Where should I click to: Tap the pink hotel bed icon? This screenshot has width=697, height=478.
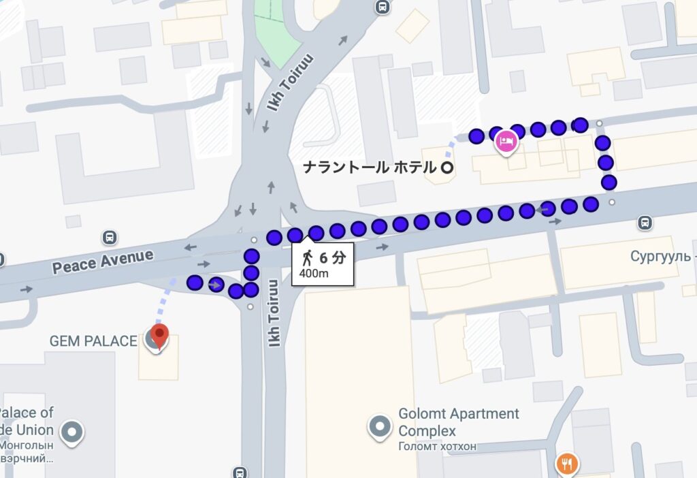click(506, 142)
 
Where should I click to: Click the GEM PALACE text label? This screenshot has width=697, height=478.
click(93, 340)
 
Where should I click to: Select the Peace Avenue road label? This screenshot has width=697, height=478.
click(103, 261)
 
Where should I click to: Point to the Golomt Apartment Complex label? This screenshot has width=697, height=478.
click(458, 422)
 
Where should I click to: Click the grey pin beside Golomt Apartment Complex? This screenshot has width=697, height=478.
click(379, 426)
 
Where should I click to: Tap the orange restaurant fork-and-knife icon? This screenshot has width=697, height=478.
click(566, 464)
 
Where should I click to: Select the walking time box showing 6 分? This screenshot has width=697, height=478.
click(323, 264)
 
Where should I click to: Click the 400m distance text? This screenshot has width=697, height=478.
click(314, 274)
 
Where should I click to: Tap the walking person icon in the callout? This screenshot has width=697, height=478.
click(308, 257)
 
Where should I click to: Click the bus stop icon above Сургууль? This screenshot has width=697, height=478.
click(643, 222)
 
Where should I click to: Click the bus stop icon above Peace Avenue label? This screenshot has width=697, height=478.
click(108, 238)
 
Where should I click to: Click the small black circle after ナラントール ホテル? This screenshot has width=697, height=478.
click(447, 168)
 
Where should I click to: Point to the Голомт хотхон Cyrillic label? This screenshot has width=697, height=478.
click(437, 447)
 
